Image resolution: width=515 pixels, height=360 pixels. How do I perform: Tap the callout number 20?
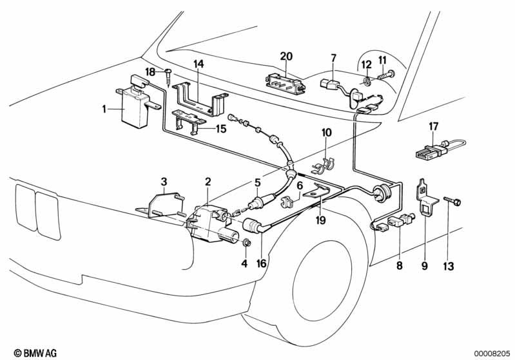(x=286, y=56)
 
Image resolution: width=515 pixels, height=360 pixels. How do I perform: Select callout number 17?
(x=433, y=127)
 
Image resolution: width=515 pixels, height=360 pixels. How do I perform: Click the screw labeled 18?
(x=168, y=77)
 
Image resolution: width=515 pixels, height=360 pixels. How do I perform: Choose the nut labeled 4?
(x=246, y=243)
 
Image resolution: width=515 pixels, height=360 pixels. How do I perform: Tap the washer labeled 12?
(x=365, y=82)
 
